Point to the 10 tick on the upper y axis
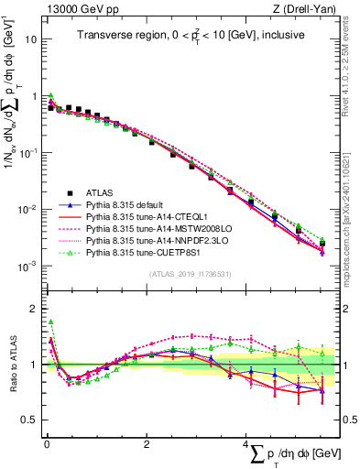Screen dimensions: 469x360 pyautogui.click(x=31, y=40)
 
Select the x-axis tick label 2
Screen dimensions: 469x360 pyautogui.click(x=147, y=444)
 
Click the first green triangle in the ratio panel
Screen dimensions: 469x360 pyautogui.click(x=51, y=322)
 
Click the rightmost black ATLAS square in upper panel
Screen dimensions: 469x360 pyautogui.click(x=322, y=243)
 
